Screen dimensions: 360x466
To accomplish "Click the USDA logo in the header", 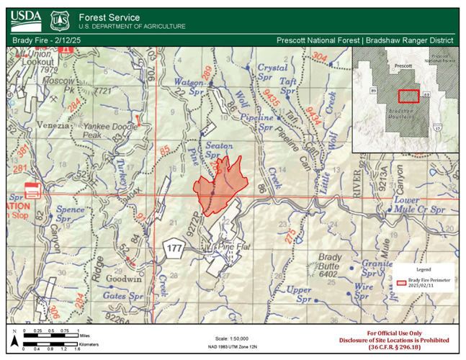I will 27,19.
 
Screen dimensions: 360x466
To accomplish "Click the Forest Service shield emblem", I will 59,20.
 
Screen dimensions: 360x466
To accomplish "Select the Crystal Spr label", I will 272,71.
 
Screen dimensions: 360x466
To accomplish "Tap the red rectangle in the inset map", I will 408,95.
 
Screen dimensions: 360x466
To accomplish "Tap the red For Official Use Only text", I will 395,333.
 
